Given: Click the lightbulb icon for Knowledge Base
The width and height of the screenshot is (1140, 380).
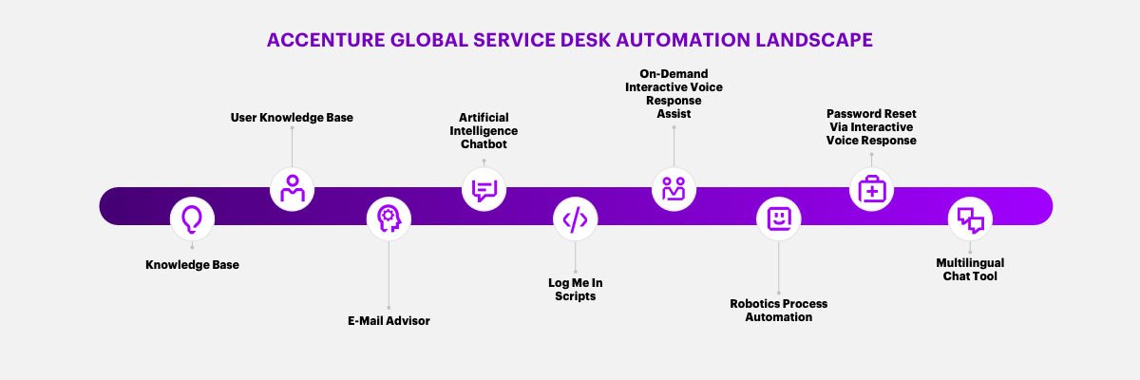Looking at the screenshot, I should tap(192, 219).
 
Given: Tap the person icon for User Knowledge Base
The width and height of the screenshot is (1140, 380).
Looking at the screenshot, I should tap(292, 188).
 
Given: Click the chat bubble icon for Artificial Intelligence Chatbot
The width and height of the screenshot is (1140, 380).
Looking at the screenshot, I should tap(484, 188).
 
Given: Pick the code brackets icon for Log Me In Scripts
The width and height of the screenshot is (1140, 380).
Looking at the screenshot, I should tap(576, 219).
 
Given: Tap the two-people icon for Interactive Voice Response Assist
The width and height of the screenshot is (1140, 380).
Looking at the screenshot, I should tap(674, 188).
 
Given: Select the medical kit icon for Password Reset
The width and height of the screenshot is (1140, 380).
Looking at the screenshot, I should tap(871, 188).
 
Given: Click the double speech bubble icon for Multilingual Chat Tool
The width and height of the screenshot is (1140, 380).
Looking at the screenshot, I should tap(970, 219).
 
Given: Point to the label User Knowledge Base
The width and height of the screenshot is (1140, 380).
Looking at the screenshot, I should tap(292, 118).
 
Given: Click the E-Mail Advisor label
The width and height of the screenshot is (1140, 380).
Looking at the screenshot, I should tap(388, 321).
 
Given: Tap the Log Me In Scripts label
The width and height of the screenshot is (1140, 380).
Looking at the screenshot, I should tap(576, 290).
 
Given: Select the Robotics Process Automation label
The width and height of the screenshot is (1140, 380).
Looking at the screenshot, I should tap(778, 310).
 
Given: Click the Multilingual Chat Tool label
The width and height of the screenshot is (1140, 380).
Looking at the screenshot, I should tap(970, 269).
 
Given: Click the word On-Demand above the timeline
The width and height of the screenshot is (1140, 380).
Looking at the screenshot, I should tap(674, 73).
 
